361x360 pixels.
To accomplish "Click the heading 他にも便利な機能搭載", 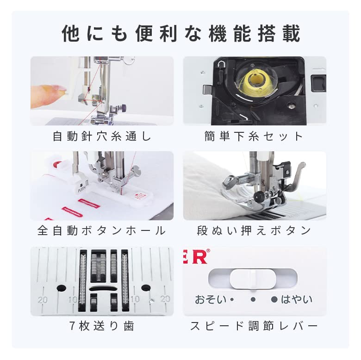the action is (x=181, y=34).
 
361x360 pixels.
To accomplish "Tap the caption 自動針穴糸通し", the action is (x=102, y=136).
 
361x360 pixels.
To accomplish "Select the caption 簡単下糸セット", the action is (x=254, y=136).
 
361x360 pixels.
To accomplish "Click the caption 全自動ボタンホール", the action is (x=102, y=230).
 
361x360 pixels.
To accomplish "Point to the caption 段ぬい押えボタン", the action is (x=254, y=230).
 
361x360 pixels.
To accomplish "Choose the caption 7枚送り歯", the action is (x=102, y=326).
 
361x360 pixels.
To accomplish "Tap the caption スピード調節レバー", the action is (x=254, y=326).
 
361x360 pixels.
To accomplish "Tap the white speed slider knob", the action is (x=253, y=279).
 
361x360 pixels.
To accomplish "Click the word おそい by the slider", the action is (x=211, y=299).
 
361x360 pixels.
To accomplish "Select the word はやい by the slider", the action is (x=297, y=299).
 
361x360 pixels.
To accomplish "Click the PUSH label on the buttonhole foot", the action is (x=81, y=189).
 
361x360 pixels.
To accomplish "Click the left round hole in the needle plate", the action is (x=62, y=288).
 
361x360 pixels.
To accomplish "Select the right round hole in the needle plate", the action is (x=146, y=287).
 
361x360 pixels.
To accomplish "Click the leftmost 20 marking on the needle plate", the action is (x=43, y=300).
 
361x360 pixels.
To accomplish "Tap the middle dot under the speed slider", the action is (x=253, y=299).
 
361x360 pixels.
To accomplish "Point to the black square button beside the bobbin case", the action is (x=318, y=83).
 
